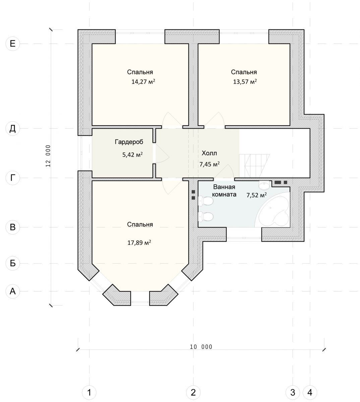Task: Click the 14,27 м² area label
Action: point(143,81)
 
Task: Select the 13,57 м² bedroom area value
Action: point(245,81)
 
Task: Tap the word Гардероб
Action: point(129,142)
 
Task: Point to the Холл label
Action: point(209,153)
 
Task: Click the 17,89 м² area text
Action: point(139,243)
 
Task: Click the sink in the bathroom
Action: point(264,185)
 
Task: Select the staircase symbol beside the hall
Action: point(254,166)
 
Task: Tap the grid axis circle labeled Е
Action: point(13,44)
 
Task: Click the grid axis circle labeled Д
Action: point(13,129)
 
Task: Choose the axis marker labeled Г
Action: point(13,178)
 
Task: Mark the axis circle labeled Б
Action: point(13,264)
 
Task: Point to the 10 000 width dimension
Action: point(201,347)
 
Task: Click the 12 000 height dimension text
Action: point(48,156)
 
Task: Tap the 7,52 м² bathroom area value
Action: point(256,195)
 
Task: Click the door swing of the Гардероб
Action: point(162,153)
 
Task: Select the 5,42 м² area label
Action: point(132,154)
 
